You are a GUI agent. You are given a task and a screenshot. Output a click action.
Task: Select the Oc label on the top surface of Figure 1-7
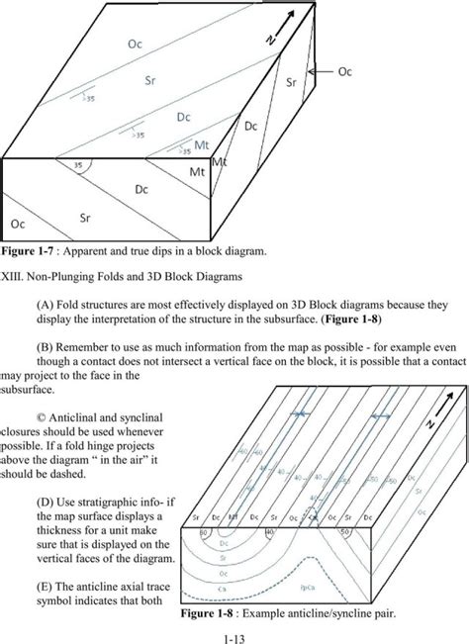[135, 44]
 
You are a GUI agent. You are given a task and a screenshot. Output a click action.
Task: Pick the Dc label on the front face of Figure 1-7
[142, 188]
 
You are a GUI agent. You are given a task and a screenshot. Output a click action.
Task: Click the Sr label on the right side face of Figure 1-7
[292, 84]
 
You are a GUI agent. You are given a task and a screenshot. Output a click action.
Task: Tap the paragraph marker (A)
[45, 306]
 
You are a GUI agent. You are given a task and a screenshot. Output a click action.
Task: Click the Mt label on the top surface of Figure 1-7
[201, 145]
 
